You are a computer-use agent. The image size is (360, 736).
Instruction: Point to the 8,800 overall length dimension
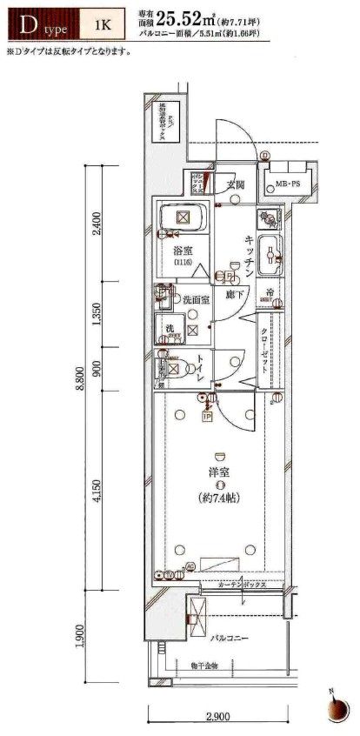[80, 378]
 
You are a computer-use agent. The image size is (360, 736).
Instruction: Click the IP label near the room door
[208, 417]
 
